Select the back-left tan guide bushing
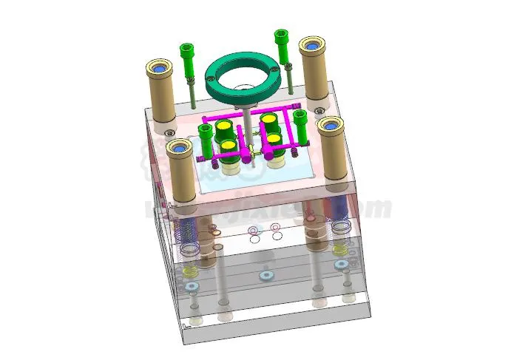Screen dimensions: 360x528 tap(159, 92)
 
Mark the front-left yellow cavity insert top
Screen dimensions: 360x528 tap(230, 146)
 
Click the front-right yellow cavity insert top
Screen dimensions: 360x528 tap(274, 138)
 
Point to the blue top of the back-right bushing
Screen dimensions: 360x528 tap(312, 46)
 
